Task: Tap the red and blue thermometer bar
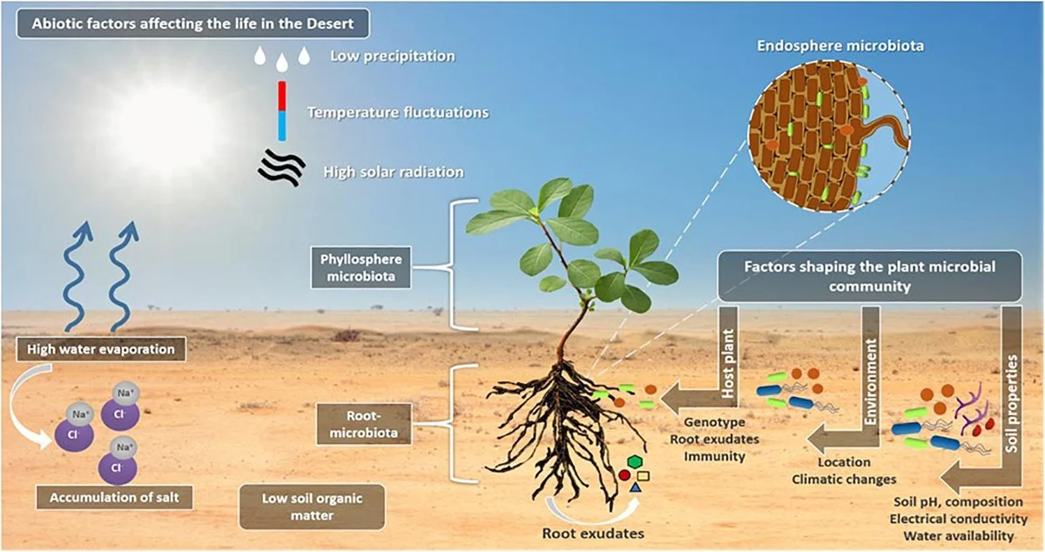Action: (x=281, y=111)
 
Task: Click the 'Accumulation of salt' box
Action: (x=114, y=498)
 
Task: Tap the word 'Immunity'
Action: (x=714, y=456)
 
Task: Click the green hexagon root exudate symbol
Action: (x=635, y=461)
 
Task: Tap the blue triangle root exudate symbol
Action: (x=635, y=487)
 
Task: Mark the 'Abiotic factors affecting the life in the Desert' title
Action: (x=192, y=24)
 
